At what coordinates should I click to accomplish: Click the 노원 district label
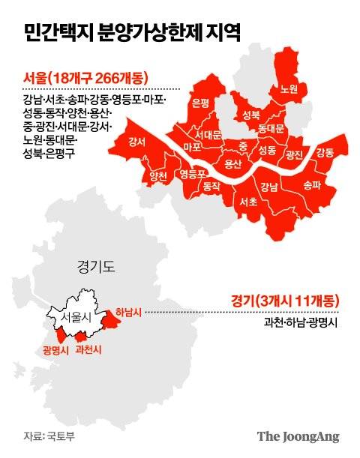(289, 88)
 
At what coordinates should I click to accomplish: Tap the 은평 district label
(200, 103)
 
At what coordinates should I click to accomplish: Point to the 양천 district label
(158, 177)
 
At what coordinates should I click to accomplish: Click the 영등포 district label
(193, 174)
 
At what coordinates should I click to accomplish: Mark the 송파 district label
(310, 183)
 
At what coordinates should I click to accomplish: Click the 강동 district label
(325, 153)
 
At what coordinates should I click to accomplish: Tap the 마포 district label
(192, 146)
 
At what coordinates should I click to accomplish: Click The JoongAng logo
(298, 436)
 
